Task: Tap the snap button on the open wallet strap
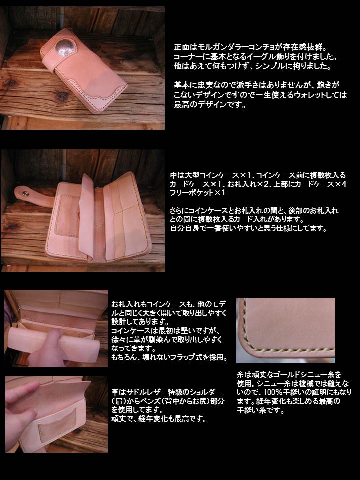coord(22,193)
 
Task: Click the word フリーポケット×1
coord(198,193)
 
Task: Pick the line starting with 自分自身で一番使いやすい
coord(248,228)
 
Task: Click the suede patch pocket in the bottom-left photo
coord(57,425)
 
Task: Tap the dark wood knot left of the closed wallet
coord(10,83)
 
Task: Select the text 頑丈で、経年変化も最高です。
coord(159,419)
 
